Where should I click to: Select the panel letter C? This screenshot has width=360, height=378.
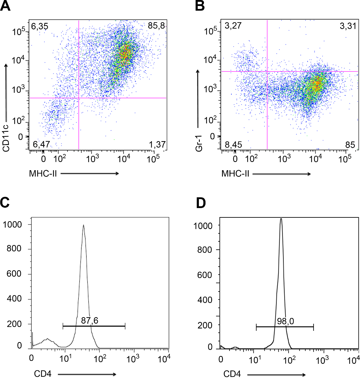(x=6, y=203)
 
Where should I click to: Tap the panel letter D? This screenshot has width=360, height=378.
(x=201, y=203)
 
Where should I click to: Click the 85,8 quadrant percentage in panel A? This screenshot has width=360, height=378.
(x=156, y=26)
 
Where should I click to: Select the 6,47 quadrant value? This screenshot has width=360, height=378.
(x=41, y=145)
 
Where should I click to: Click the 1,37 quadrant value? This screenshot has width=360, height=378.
(x=157, y=145)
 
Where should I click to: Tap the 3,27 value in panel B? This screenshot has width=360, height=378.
(x=233, y=26)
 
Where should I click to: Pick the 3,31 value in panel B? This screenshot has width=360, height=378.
(x=348, y=26)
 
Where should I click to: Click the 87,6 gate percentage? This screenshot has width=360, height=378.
(x=89, y=321)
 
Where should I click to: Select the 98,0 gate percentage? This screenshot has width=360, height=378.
(x=285, y=321)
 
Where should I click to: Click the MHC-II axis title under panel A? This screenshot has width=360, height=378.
(x=43, y=174)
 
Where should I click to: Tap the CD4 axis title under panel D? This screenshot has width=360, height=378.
(x=232, y=374)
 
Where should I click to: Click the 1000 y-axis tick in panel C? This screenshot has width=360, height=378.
(x=12, y=224)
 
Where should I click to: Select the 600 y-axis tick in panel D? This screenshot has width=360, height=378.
(x=205, y=275)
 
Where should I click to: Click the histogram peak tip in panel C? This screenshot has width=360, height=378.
(x=83, y=225)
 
